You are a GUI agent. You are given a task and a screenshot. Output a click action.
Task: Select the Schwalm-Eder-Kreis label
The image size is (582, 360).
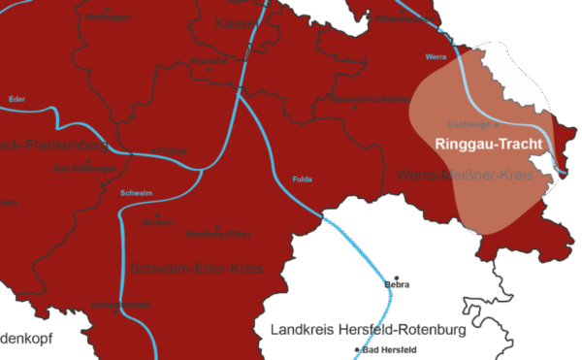click(x=197, y=268)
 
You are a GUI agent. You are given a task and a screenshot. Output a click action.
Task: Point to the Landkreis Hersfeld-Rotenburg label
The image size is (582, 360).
click(x=369, y=330)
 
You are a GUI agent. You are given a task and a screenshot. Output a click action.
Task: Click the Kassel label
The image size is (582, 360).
click(x=238, y=22)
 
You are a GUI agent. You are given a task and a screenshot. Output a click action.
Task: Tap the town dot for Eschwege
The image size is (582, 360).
click(x=497, y=124)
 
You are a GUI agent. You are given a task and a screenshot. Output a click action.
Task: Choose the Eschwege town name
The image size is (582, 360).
click(x=470, y=124)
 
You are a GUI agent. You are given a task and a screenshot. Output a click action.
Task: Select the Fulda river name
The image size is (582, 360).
click(x=303, y=179)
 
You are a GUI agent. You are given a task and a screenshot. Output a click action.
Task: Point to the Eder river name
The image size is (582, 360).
click(x=16, y=99)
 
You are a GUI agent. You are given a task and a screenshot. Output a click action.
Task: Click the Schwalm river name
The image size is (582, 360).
click(x=136, y=193)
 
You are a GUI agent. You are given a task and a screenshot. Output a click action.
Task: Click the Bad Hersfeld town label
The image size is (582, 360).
click(x=389, y=347)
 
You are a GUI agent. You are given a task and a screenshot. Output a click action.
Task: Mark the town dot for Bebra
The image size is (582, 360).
click(x=396, y=275)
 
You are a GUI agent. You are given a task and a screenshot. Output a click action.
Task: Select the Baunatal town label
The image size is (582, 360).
click(x=208, y=61)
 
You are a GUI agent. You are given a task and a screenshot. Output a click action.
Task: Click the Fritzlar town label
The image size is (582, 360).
click(x=172, y=150)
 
